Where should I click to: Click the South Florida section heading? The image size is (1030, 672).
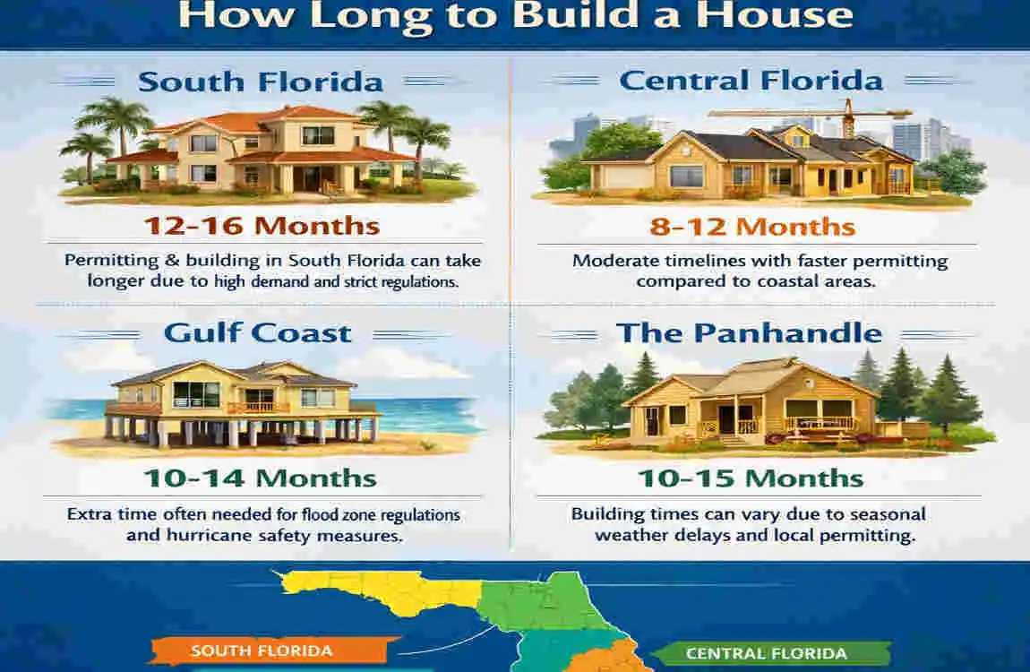[261, 82]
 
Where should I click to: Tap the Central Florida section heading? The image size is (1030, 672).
[751, 81]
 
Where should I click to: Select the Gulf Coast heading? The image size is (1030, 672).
[258, 333]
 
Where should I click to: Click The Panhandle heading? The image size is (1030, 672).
[749, 333]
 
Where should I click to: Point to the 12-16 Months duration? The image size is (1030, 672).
[262, 225]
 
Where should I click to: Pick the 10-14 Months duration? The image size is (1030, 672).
[258, 478]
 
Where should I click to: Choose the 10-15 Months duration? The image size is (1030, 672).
[751, 478]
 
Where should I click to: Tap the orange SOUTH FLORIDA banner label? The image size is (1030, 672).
[262, 650]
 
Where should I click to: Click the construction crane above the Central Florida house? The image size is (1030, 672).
[811, 114]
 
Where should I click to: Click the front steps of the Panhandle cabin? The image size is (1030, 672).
[732, 440]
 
